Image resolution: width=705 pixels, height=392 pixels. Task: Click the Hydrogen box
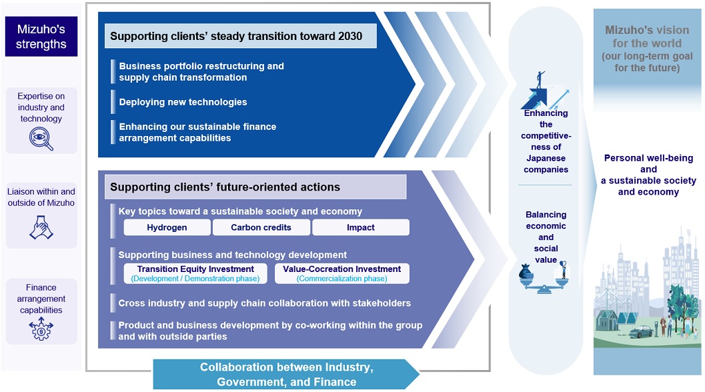pyautogui.click(x=167, y=227)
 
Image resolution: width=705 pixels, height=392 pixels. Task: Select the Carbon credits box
pyautogui.click(x=261, y=227)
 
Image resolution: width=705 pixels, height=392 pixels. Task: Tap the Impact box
pyautogui.click(x=360, y=227)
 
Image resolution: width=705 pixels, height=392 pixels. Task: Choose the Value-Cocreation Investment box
pyautogui.click(x=341, y=273)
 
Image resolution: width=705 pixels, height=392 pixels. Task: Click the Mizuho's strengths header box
pyautogui.click(x=41, y=37)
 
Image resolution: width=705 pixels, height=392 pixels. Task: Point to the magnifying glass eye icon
pyautogui.click(x=41, y=138)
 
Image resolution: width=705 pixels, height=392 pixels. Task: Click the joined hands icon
pyautogui.click(x=41, y=228)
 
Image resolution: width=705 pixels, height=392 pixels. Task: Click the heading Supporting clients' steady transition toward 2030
pyautogui.click(x=236, y=36)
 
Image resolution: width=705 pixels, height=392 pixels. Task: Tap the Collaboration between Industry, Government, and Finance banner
pyautogui.click(x=287, y=375)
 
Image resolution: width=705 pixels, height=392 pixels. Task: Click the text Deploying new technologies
pyautogui.click(x=183, y=102)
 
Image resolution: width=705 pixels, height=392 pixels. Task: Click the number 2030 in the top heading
pyautogui.click(x=348, y=36)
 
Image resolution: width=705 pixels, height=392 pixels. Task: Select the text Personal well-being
pyautogui.click(x=648, y=159)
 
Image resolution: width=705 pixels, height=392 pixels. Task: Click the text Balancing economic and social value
pyautogui.click(x=546, y=237)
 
